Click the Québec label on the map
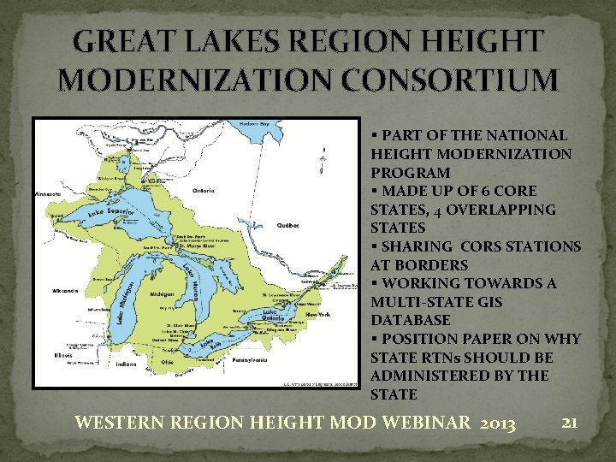(x=288, y=226)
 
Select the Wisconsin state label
(x=65, y=291)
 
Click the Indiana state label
(x=126, y=364)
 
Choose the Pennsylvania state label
(x=249, y=360)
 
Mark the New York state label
(x=318, y=315)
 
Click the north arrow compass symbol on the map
(x=323, y=160)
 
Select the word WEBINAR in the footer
(x=401, y=423)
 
